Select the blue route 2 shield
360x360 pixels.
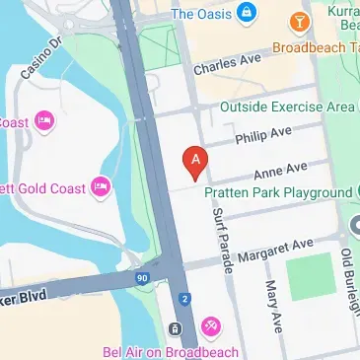click(x=184, y=298)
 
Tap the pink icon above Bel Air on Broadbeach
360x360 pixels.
click(x=210, y=326)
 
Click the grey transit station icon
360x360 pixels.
click(x=174, y=328)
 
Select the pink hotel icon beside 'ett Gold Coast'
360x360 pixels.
click(x=99, y=185)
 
